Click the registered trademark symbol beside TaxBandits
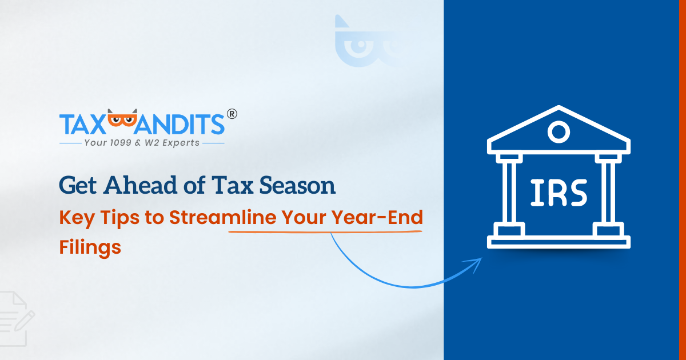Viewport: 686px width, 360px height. pyautogui.click(x=232, y=114)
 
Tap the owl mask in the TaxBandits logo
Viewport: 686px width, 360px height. pyautogui.click(x=122, y=118)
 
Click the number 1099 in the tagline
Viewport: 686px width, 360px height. pyautogui.click(x=121, y=143)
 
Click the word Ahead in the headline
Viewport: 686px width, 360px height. pyautogui.click(x=140, y=185)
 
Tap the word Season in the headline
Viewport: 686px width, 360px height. pyautogui.click(x=297, y=185)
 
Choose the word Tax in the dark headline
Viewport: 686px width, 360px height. pyautogui.click(x=233, y=185)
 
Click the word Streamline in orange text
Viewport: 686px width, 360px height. pyautogui.click(x=223, y=217)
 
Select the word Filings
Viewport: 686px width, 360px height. pyautogui.click(x=90, y=247)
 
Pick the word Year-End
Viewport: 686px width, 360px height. pyautogui.click(x=377, y=217)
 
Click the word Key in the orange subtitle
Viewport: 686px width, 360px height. pyautogui.click(x=77, y=218)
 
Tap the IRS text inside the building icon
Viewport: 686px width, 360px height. pyautogui.click(x=559, y=193)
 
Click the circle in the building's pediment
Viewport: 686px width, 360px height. pyautogui.click(x=559, y=132)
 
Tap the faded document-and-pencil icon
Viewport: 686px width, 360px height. pyautogui.click(x=15, y=319)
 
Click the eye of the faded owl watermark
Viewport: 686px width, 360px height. pyautogui.click(x=361, y=45)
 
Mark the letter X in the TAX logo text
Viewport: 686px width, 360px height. pyautogui.click(x=95, y=125)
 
